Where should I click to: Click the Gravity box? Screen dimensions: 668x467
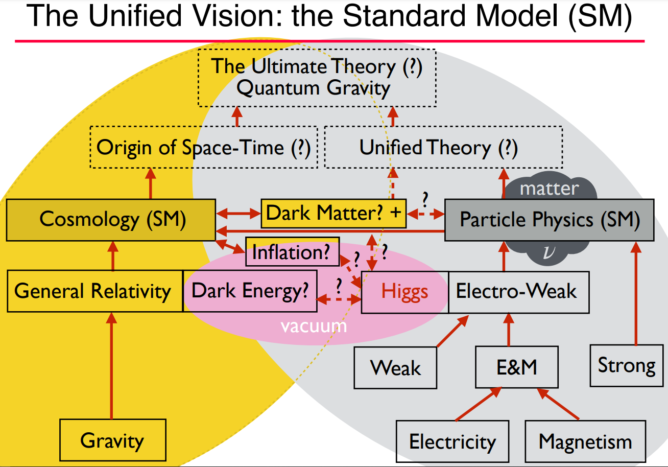[113, 440]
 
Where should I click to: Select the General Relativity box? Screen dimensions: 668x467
[95, 291]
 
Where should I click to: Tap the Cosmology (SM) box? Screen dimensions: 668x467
[111, 220]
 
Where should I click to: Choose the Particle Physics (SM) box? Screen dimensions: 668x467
[550, 220]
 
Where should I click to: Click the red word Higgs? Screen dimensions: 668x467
[404, 292]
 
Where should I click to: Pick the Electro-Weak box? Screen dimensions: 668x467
[519, 292]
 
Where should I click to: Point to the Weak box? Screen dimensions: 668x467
[395, 368]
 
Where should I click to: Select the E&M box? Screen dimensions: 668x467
[517, 367]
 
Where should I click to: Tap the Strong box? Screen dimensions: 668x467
[627, 365]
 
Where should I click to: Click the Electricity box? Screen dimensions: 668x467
[452, 441]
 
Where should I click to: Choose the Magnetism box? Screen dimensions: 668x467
[585, 441]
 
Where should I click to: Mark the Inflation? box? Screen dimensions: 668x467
[292, 251]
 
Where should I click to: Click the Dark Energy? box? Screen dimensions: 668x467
[250, 291]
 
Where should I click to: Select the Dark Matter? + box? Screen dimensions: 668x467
[333, 214]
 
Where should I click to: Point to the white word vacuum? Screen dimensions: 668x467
[314, 326]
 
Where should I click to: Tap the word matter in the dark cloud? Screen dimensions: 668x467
[550, 189]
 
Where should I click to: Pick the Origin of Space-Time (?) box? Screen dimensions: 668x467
[204, 147]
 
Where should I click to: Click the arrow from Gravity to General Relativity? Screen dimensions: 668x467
[111, 365]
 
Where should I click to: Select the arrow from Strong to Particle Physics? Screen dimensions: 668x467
[636, 293]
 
